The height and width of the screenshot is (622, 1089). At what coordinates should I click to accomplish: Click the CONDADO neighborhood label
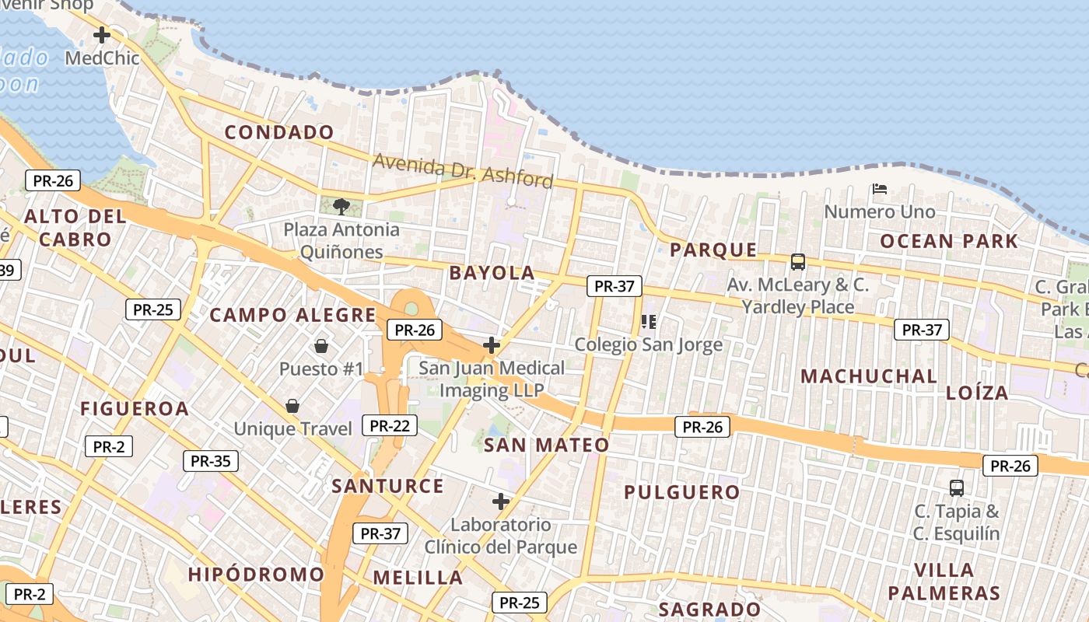(x=279, y=132)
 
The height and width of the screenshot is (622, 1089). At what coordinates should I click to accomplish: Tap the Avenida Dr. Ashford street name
(x=463, y=170)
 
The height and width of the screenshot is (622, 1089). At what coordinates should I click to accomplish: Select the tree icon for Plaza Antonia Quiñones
(x=341, y=206)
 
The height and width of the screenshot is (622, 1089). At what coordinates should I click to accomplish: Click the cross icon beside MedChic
(x=102, y=35)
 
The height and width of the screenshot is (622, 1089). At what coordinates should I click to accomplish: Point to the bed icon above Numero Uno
(x=880, y=188)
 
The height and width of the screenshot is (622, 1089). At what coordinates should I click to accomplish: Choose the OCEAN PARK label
(x=949, y=241)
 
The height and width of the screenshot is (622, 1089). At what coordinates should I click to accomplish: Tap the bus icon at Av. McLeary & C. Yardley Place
(x=798, y=262)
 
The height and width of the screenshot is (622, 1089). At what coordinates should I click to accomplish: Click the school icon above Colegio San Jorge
(x=649, y=321)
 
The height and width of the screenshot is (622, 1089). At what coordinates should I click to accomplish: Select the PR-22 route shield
(x=390, y=425)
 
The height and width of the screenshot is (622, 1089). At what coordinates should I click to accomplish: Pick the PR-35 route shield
(x=211, y=461)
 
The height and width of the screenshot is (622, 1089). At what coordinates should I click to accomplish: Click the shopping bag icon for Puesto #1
(x=321, y=345)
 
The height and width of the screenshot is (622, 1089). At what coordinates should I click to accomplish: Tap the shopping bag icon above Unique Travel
(x=292, y=405)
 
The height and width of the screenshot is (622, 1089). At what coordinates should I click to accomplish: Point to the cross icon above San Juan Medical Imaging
(x=492, y=344)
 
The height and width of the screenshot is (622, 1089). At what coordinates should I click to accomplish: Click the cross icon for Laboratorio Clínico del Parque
(x=501, y=501)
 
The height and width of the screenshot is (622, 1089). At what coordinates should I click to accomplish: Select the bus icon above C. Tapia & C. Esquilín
(x=957, y=488)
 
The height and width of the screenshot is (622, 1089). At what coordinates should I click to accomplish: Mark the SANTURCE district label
(x=387, y=487)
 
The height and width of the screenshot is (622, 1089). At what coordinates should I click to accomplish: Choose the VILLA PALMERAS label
(x=944, y=582)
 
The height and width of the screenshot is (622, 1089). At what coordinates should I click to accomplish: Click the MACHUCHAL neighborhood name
(x=869, y=376)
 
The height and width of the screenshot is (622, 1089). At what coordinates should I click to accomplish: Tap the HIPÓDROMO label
(x=256, y=575)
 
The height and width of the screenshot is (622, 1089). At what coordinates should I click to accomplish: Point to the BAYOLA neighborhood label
(x=492, y=273)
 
